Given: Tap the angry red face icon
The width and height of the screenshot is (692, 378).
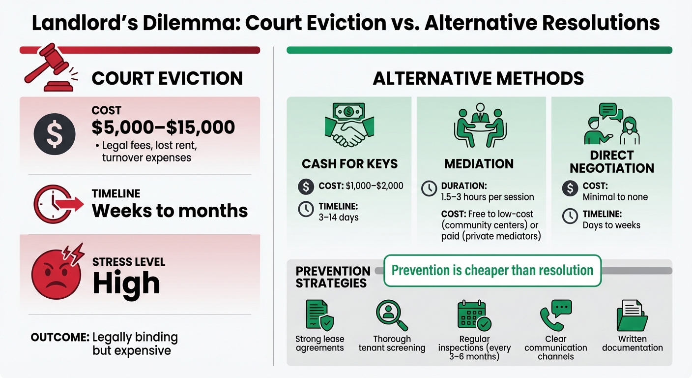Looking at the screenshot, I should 53,273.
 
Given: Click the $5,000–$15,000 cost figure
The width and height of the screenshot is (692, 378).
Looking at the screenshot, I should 163,127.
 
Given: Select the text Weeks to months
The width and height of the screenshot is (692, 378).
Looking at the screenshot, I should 170,211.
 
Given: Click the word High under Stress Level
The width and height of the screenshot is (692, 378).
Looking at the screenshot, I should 126,283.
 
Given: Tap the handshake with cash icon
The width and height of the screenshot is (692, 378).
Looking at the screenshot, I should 349,126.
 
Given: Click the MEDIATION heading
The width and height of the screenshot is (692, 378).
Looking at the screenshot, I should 479,163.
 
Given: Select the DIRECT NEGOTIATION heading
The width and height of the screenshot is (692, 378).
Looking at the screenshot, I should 611,161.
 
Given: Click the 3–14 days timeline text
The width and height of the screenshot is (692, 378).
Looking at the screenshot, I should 339,217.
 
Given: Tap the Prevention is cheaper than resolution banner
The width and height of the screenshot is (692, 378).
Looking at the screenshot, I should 492,270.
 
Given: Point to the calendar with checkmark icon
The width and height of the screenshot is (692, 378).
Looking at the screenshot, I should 474,315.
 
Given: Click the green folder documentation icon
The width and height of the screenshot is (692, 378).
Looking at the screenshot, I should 632,315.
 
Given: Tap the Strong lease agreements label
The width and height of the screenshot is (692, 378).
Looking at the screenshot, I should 319,343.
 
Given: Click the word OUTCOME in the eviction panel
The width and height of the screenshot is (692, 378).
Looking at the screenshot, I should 59,337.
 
